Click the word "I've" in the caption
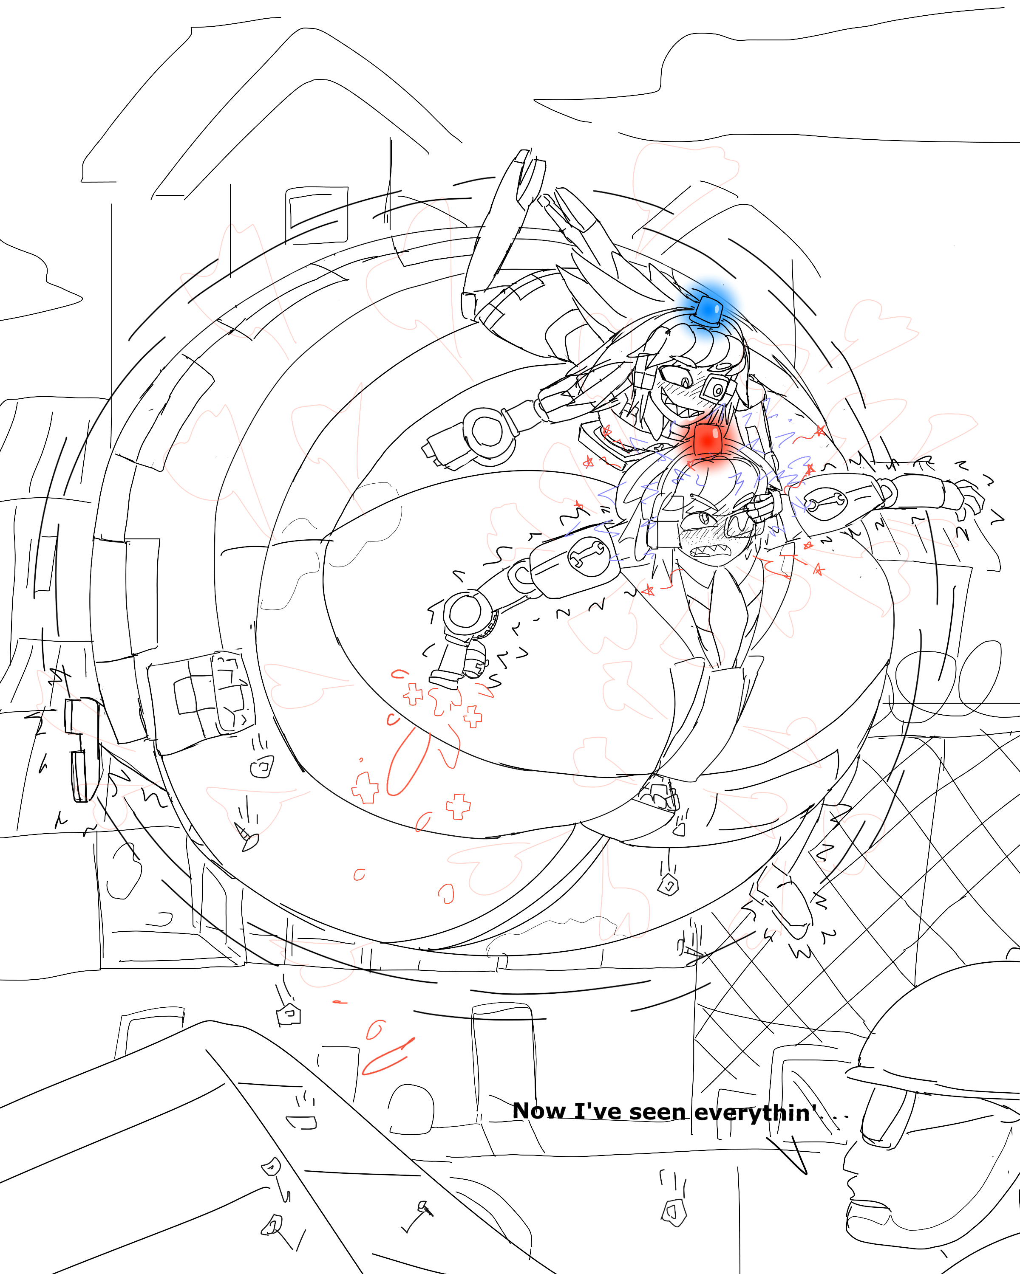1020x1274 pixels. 597,1111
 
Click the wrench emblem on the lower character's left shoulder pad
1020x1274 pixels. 585,556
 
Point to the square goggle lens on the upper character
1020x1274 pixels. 717,389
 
